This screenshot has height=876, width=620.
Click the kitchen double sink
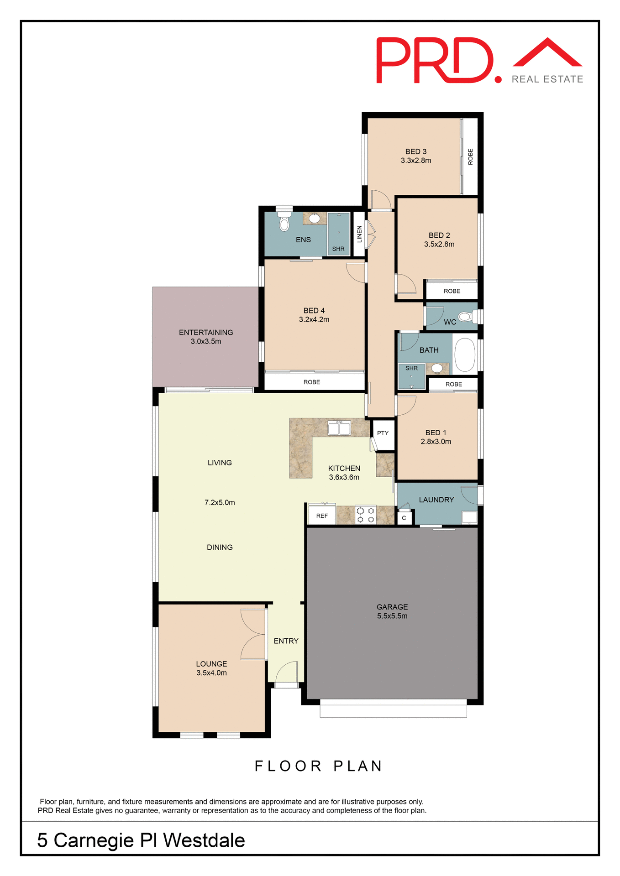(x=339, y=428)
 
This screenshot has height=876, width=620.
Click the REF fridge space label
(x=322, y=516)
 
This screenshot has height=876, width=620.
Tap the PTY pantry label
(x=383, y=433)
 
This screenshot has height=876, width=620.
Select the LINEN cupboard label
(x=359, y=234)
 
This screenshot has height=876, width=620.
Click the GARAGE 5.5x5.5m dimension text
(x=392, y=616)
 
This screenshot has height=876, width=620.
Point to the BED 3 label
(x=416, y=151)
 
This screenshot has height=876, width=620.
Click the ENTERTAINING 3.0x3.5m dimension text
(x=206, y=341)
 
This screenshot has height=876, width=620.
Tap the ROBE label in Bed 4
(x=312, y=382)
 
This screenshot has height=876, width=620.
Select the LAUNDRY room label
(x=436, y=500)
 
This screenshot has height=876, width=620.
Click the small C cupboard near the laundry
(x=404, y=518)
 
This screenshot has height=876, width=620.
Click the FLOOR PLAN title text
(x=319, y=766)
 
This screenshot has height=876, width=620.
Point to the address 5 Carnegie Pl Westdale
(x=141, y=840)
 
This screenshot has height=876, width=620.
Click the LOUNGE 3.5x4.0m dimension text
(x=211, y=673)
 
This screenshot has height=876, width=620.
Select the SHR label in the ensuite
(x=338, y=249)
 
